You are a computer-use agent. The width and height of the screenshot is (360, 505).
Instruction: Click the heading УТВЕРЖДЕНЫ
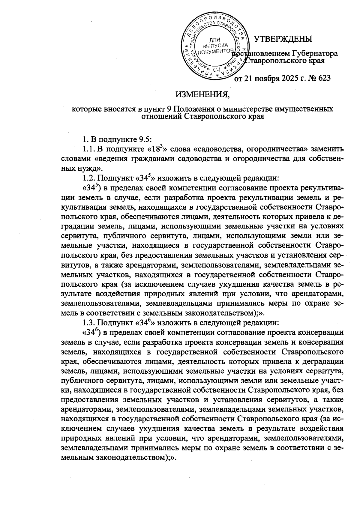283,39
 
